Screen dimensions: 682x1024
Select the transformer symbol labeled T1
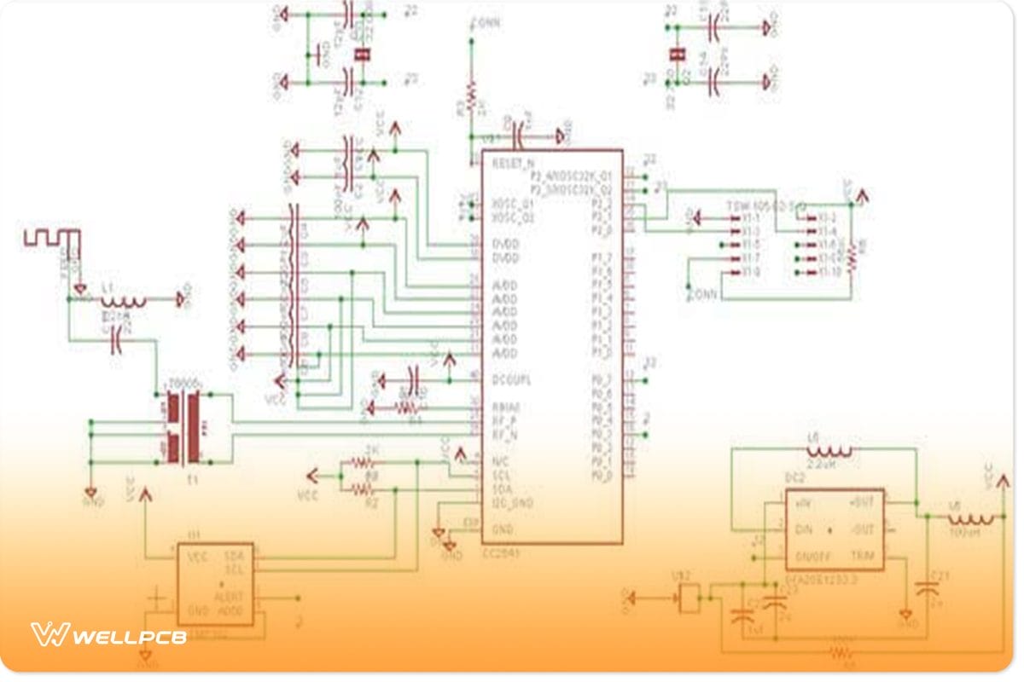(184, 426)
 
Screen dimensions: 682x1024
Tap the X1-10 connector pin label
(828, 272)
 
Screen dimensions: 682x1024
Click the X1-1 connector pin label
(750, 218)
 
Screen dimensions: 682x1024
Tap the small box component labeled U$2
(689, 599)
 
